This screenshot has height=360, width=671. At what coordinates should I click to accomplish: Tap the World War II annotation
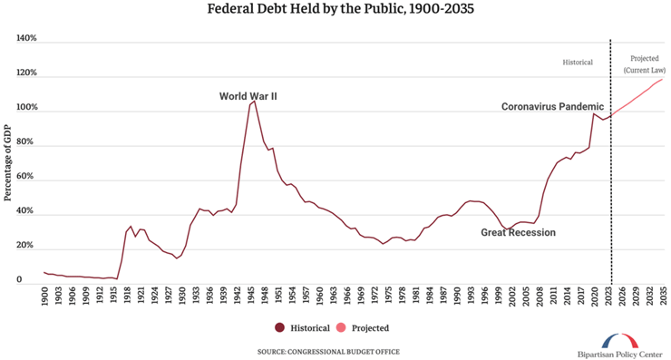pos(248,96)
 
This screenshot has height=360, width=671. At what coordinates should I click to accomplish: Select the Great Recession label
pos(518,233)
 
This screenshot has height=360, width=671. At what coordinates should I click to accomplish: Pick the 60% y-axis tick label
pos(26,177)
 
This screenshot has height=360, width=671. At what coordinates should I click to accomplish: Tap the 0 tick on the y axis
pos(32,280)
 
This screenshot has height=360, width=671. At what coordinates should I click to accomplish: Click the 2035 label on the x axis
pos(663,300)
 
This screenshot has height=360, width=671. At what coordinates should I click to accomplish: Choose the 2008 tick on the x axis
pos(540,300)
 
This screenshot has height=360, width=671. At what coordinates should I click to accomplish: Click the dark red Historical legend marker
pos(280,327)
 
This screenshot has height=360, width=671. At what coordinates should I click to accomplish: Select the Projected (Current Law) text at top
pos(645,63)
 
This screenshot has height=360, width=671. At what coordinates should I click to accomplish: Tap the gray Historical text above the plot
pos(578,63)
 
